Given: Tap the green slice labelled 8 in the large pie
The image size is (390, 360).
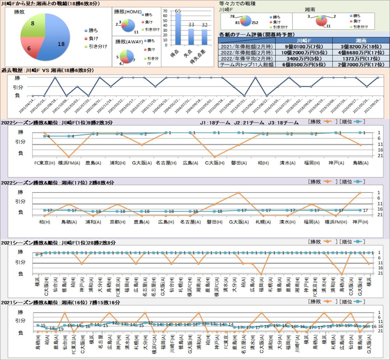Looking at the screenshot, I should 33,25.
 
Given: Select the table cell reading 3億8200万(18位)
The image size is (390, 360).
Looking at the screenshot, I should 361,46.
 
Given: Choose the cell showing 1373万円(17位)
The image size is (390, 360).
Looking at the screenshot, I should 361,59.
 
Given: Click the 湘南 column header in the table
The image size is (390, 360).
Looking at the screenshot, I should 361,40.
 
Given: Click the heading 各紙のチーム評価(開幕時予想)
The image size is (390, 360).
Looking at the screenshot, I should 255,35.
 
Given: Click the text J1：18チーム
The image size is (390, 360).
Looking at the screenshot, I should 213,123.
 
